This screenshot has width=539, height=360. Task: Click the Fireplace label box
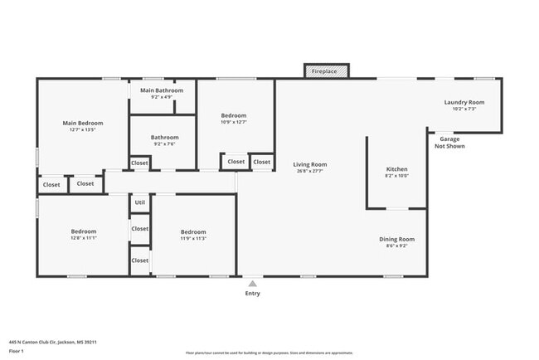(x=323, y=72)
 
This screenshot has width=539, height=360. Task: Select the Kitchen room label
(x=396, y=168)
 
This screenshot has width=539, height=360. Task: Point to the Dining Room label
(x=396, y=239)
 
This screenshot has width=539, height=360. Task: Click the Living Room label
(x=310, y=164)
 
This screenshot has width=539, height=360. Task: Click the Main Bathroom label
(x=162, y=90)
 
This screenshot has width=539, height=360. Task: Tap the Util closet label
(x=140, y=202)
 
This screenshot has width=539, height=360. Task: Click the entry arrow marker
(x=253, y=284)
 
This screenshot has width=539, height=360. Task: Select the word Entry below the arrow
(x=253, y=294)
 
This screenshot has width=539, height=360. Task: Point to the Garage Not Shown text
(x=449, y=143)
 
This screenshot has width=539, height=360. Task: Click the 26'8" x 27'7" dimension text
(x=310, y=171)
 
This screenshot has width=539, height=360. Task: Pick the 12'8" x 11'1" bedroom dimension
(x=83, y=238)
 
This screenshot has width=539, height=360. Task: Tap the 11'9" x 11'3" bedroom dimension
(x=193, y=238)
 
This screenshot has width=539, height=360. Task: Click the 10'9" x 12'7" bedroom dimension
(x=235, y=122)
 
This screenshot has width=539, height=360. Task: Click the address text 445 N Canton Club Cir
(x=47, y=340)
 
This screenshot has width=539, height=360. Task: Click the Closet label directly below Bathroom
(x=140, y=163)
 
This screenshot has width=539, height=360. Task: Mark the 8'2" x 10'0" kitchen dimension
(x=396, y=175)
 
